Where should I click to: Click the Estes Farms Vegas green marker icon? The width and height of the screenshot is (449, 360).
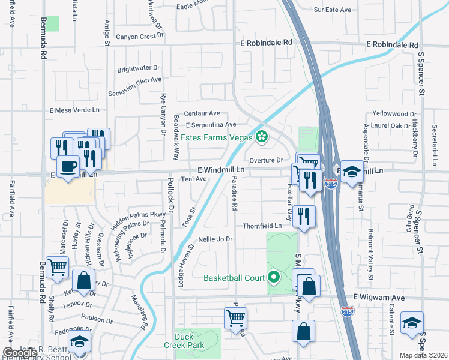(261, 137)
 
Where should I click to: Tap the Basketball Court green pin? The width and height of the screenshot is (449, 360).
(274, 277)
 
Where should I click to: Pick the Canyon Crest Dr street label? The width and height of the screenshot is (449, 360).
(140, 36)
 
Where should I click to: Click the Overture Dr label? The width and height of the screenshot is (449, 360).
(266, 160)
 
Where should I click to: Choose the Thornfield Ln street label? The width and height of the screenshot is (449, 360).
(262, 226)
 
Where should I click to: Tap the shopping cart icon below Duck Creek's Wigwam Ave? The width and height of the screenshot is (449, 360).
(235, 317)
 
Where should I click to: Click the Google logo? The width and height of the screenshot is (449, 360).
(20, 353)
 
